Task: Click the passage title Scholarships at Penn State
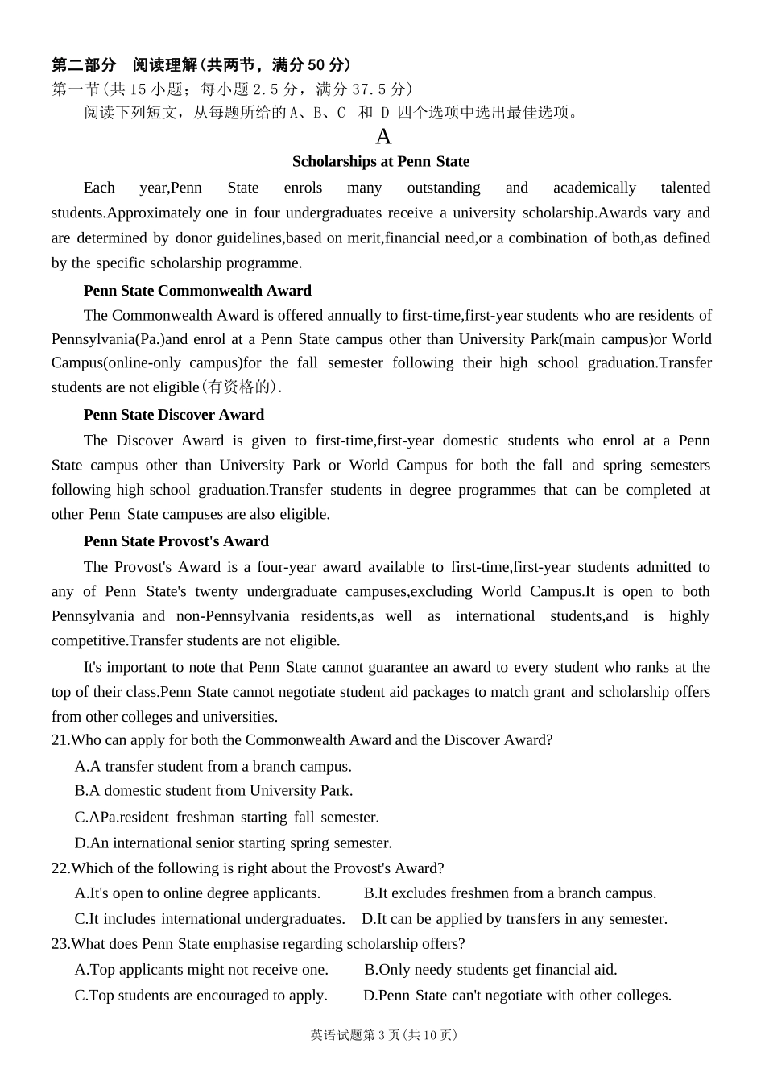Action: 380,162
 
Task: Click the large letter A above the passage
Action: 383,136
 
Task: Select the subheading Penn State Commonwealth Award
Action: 197,291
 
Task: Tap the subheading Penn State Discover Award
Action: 174,415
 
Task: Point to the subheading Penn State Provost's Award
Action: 176,541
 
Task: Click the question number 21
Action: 60,740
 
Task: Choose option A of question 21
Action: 213,767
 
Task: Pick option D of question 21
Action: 234,843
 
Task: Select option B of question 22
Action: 510,893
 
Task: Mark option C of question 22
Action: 210,919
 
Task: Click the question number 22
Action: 60,868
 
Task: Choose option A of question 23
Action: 201,970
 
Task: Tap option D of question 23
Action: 517,996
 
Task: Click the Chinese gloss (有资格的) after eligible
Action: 239,387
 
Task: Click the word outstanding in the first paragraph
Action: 444,188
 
